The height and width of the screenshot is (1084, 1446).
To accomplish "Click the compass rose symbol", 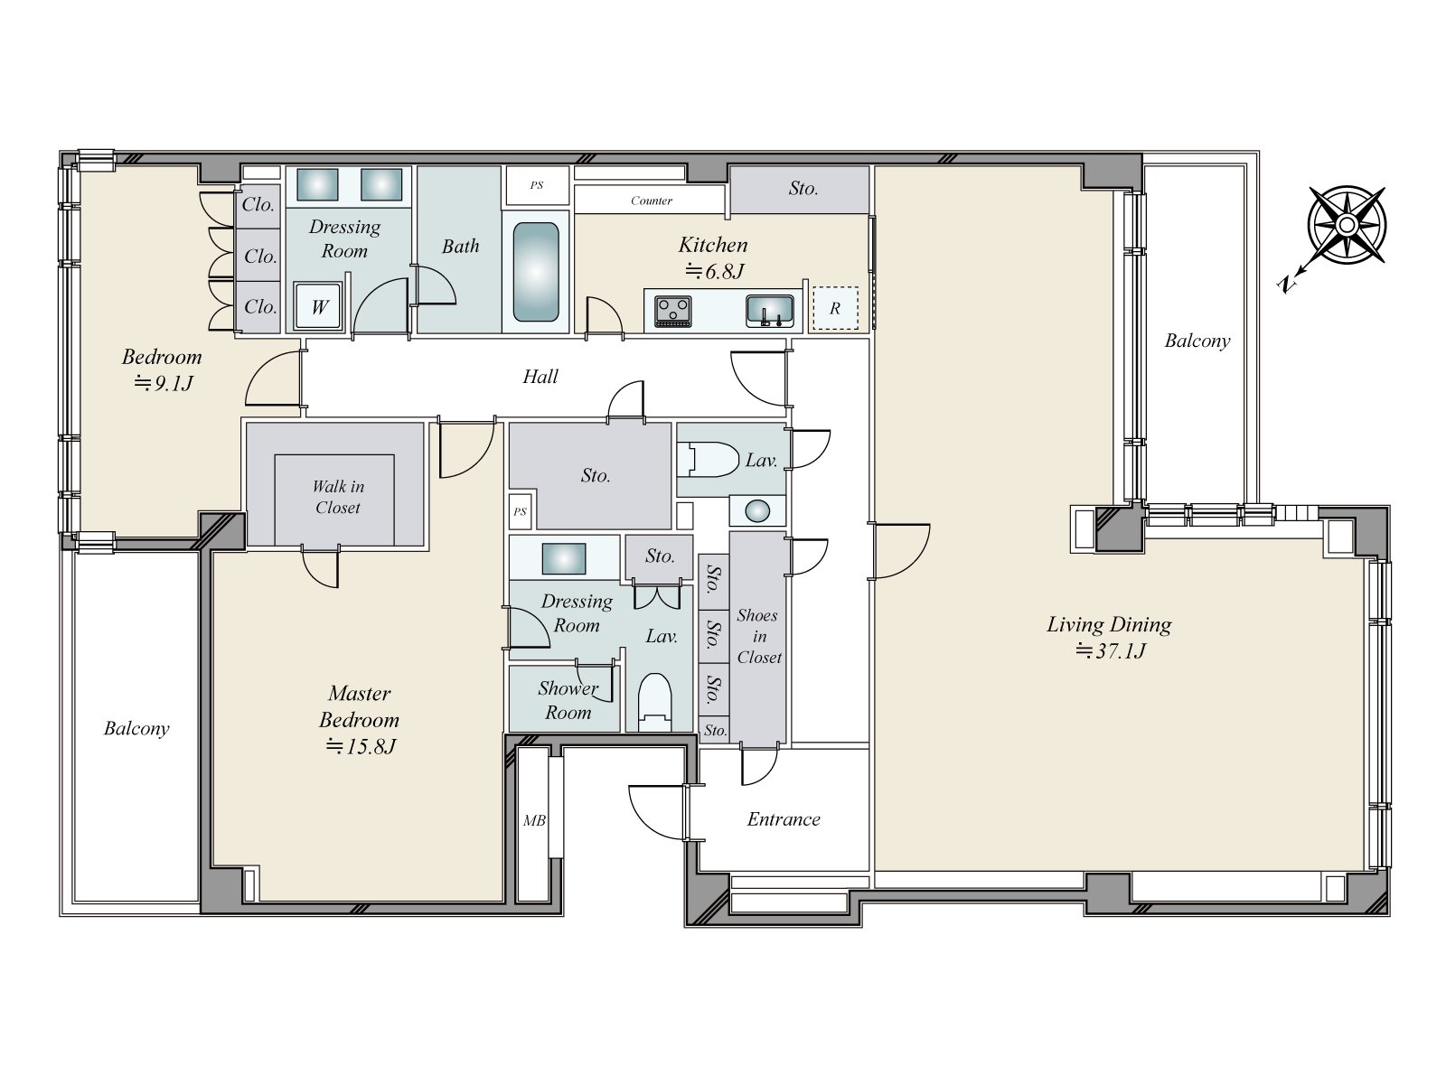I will pos(1346,225).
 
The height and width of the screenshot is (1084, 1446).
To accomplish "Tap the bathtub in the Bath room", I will pos(536,272).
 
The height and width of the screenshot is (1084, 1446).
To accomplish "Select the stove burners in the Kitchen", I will pos(673,311).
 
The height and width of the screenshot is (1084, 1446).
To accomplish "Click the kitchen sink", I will pos(770,311).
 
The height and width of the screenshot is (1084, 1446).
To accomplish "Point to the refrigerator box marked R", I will pos(834,308).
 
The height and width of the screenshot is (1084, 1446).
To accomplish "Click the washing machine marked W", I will pos(319,306).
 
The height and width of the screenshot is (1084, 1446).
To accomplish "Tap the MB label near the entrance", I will pos(534,821).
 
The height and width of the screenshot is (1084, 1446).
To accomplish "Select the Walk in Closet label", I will pos(338,498).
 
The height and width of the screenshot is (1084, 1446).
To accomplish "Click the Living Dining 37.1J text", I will pos(1110,637).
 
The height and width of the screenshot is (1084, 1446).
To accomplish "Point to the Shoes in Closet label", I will pos(758,636).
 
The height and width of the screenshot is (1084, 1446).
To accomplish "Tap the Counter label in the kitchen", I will pos(652,201).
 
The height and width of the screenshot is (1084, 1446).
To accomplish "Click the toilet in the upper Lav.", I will pos(710,459).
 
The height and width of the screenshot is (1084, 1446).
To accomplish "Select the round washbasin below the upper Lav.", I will pos(758,511).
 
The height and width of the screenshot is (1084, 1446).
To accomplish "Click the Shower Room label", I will pos(568,700).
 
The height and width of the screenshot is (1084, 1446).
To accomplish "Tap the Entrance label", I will pos(784,819).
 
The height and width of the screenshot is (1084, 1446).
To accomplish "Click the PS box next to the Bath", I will pos(537,185).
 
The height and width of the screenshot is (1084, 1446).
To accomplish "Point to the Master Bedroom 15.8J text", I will pos(360,720).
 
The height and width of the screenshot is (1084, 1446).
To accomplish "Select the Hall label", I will pos(540,377).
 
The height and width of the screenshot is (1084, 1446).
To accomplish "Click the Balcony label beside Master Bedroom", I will pos(136,728).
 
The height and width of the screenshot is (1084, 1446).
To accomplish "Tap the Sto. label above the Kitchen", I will pos(803,188).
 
